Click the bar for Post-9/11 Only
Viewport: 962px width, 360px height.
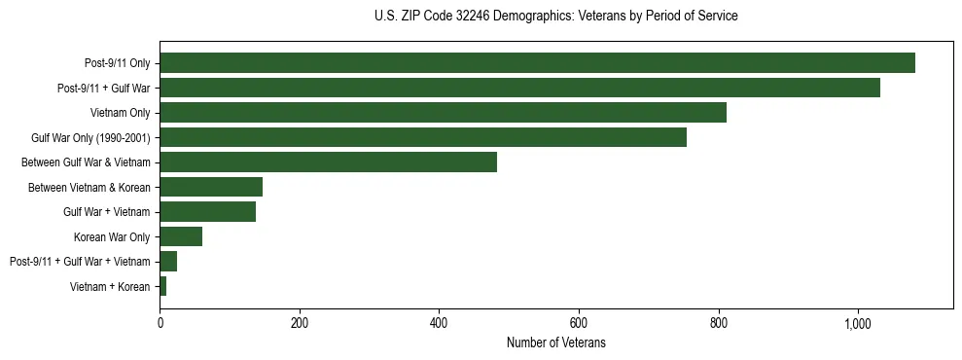(x=537, y=63)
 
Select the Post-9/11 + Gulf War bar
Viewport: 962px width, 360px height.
(x=519, y=88)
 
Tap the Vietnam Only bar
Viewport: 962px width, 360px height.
(x=443, y=113)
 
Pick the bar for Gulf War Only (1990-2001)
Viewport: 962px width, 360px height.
(x=423, y=137)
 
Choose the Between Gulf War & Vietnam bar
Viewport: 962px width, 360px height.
(x=328, y=162)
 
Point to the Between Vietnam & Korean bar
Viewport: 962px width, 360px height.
(x=211, y=187)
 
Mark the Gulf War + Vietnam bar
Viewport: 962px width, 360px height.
(x=207, y=212)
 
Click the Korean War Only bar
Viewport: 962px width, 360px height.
(x=181, y=236)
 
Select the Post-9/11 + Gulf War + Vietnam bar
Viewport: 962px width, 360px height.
(x=168, y=262)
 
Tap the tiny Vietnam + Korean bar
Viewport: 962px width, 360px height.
(x=163, y=286)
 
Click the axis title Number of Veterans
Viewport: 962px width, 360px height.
(x=556, y=342)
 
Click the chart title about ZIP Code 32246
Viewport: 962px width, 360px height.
(x=555, y=17)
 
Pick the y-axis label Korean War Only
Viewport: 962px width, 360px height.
(x=112, y=236)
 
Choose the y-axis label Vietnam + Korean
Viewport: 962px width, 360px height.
(x=110, y=286)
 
